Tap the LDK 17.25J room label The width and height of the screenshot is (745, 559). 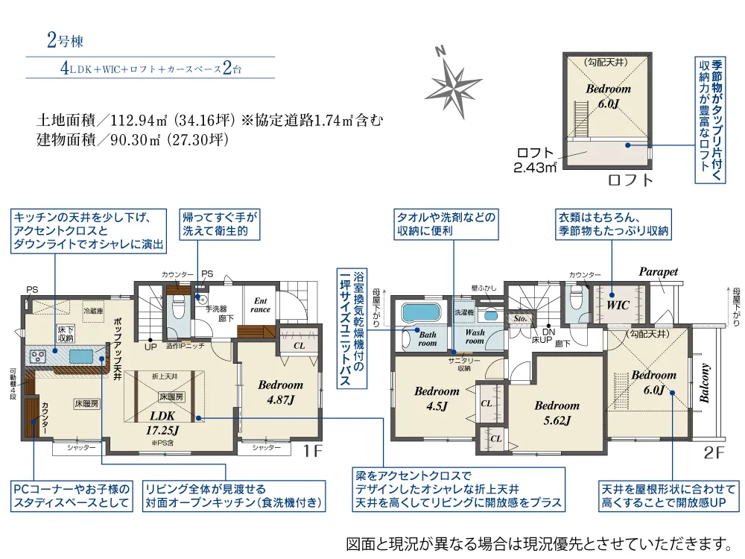[162, 422]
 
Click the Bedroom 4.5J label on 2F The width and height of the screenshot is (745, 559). [437, 398]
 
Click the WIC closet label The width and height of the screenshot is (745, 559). [618, 306]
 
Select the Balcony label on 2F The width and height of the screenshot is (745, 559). [704, 383]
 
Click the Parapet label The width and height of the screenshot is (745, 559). [659, 272]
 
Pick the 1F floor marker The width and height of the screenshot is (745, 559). [311, 451]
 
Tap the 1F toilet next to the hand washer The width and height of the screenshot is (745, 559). [177, 306]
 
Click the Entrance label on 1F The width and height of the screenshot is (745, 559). [261, 304]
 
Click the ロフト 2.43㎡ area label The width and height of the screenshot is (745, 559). [536, 160]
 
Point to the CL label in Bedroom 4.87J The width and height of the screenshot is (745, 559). [298, 345]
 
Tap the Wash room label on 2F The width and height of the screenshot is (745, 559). [475, 337]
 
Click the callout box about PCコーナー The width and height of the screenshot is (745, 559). [72, 496]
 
